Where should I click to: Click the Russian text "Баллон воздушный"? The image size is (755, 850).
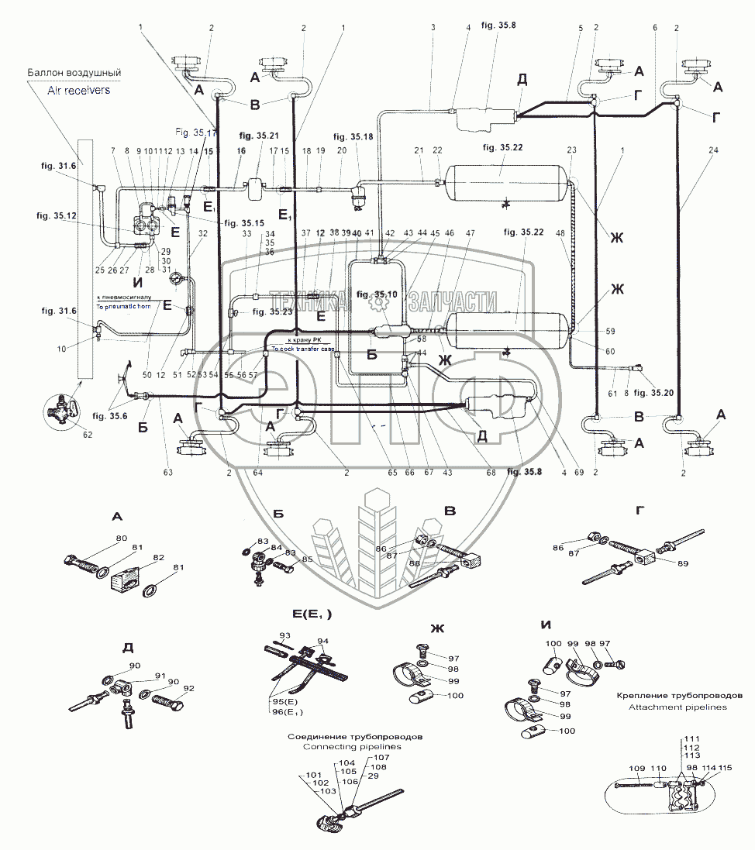coord(74,74)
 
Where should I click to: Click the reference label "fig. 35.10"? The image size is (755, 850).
coord(377,294)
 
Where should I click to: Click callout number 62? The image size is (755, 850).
coord(88,434)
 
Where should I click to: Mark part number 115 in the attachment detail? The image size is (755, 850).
coord(726,768)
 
